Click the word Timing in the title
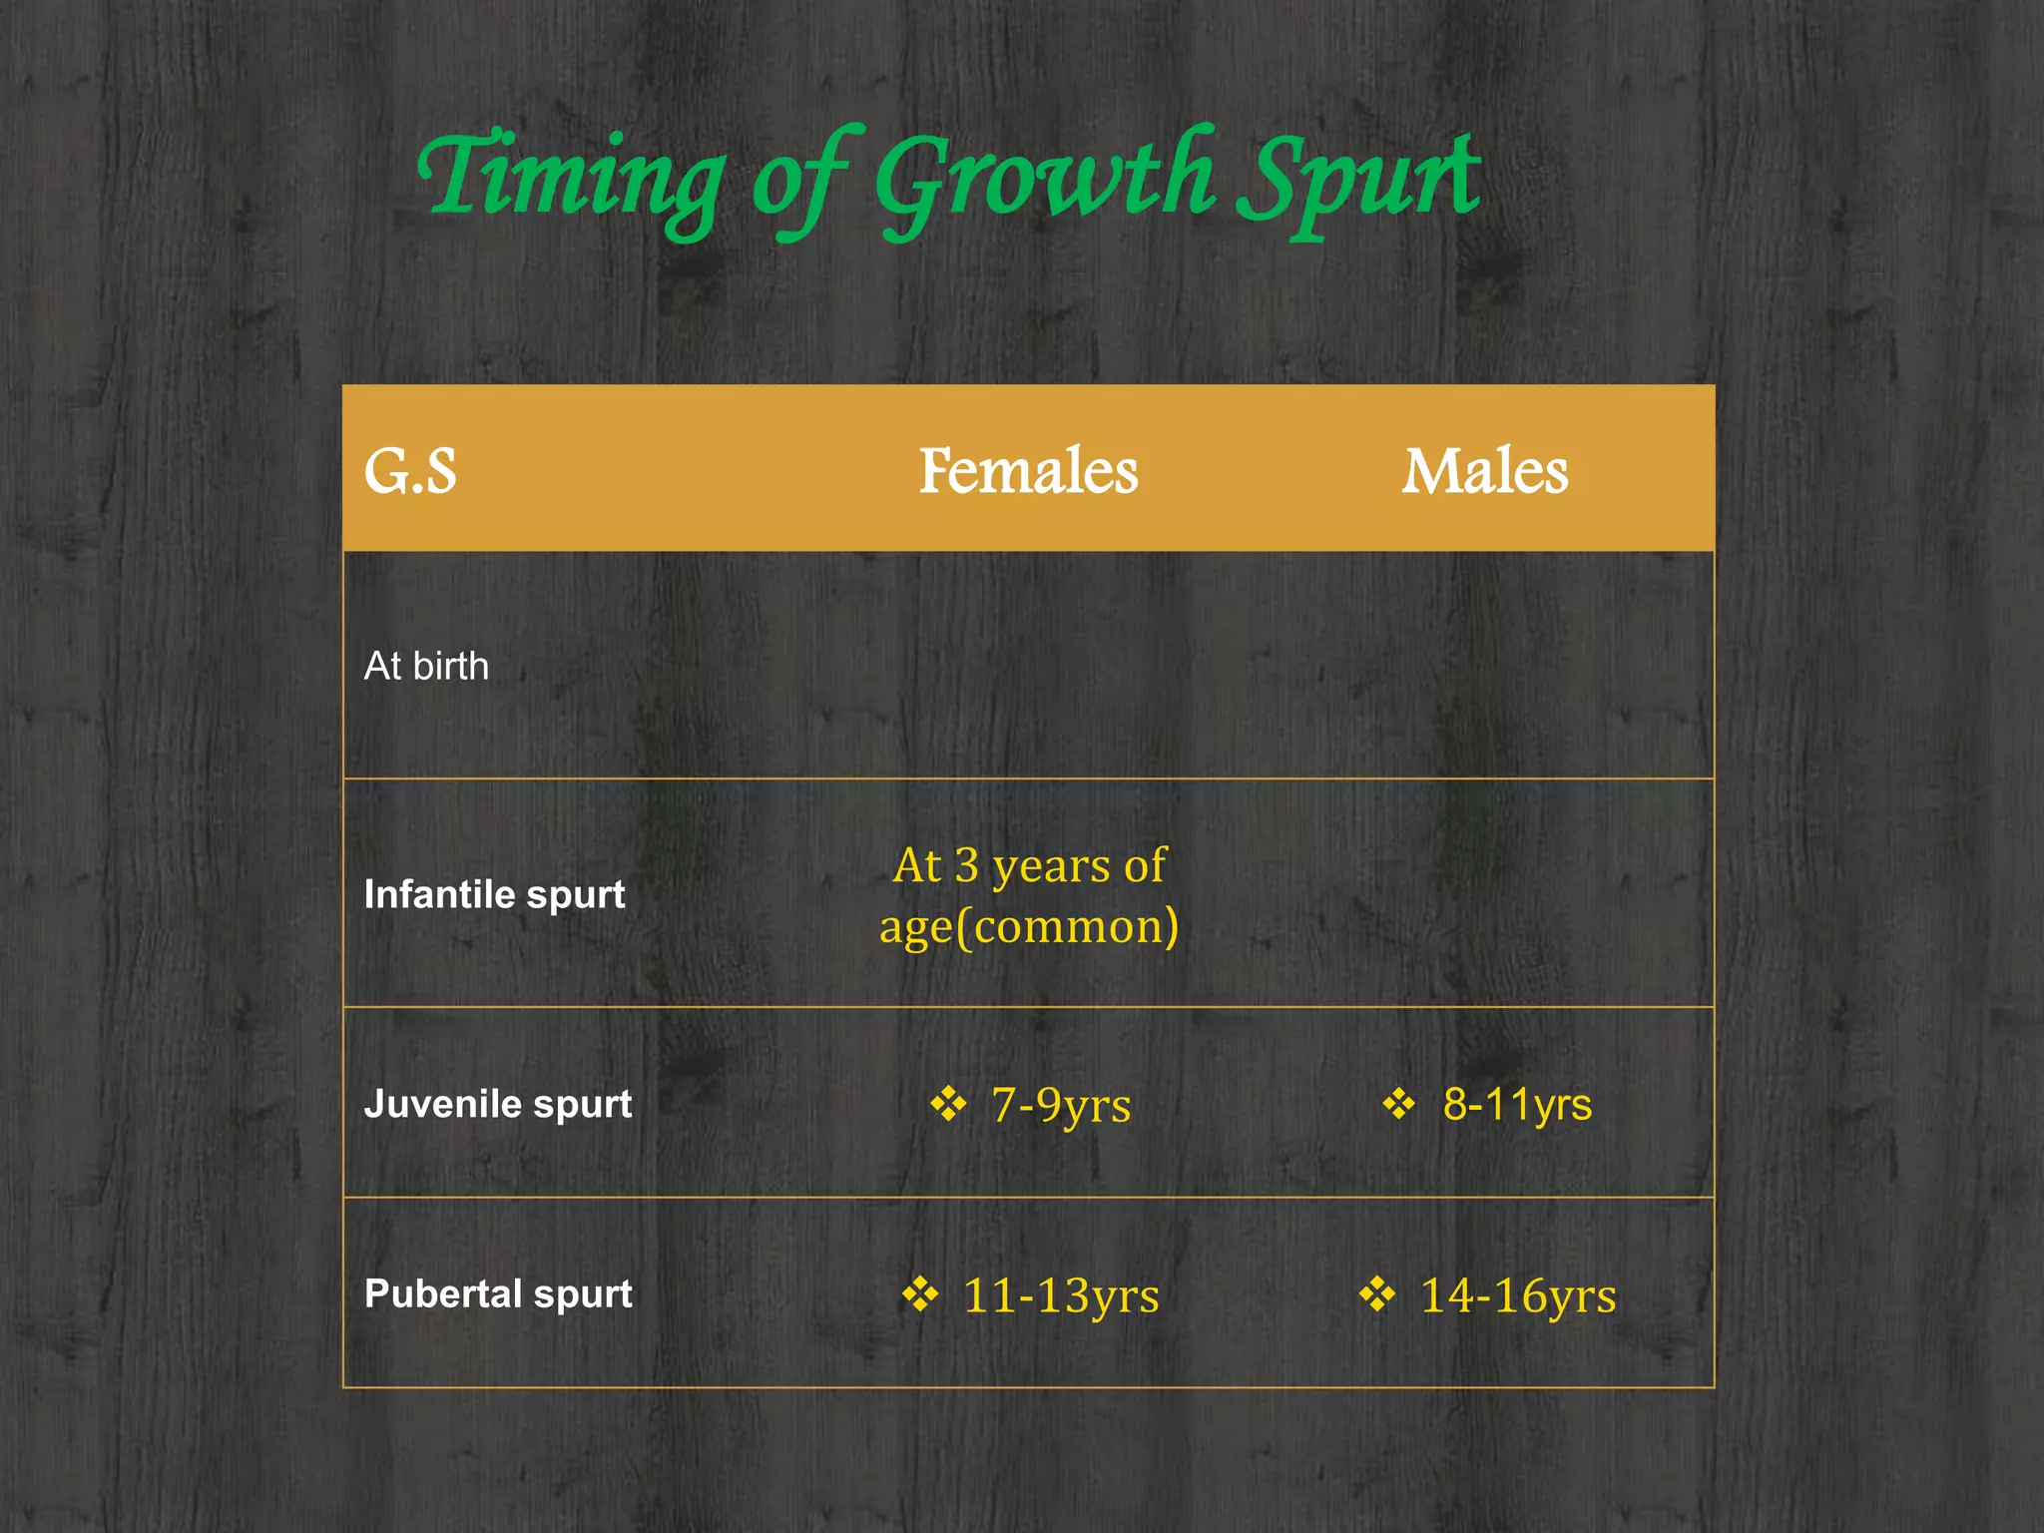pyautogui.click(x=570, y=180)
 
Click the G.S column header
pyautogui.click(x=410, y=471)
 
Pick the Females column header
pyautogui.click(x=1028, y=471)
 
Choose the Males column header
pyautogui.click(x=1485, y=471)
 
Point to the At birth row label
pyautogui.click(x=426, y=666)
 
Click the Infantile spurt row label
pyautogui.click(x=494, y=894)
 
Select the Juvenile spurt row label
pyautogui.click(x=498, y=1104)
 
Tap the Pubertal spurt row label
pyautogui.click(x=498, y=1293)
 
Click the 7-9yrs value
pyautogui.click(x=1061, y=1105)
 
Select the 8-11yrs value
pyautogui.click(x=1517, y=1105)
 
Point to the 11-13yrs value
pyautogui.click(x=1061, y=1295)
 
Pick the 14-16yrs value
pyautogui.click(x=1518, y=1295)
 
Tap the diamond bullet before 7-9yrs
pyautogui.click(x=948, y=1104)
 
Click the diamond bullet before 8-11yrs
pyautogui.click(x=1399, y=1104)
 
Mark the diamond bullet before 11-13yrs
pyautogui.click(x=920, y=1294)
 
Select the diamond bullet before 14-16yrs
pyautogui.click(x=1377, y=1294)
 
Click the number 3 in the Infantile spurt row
pyautogui.click(x=966, y=866)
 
